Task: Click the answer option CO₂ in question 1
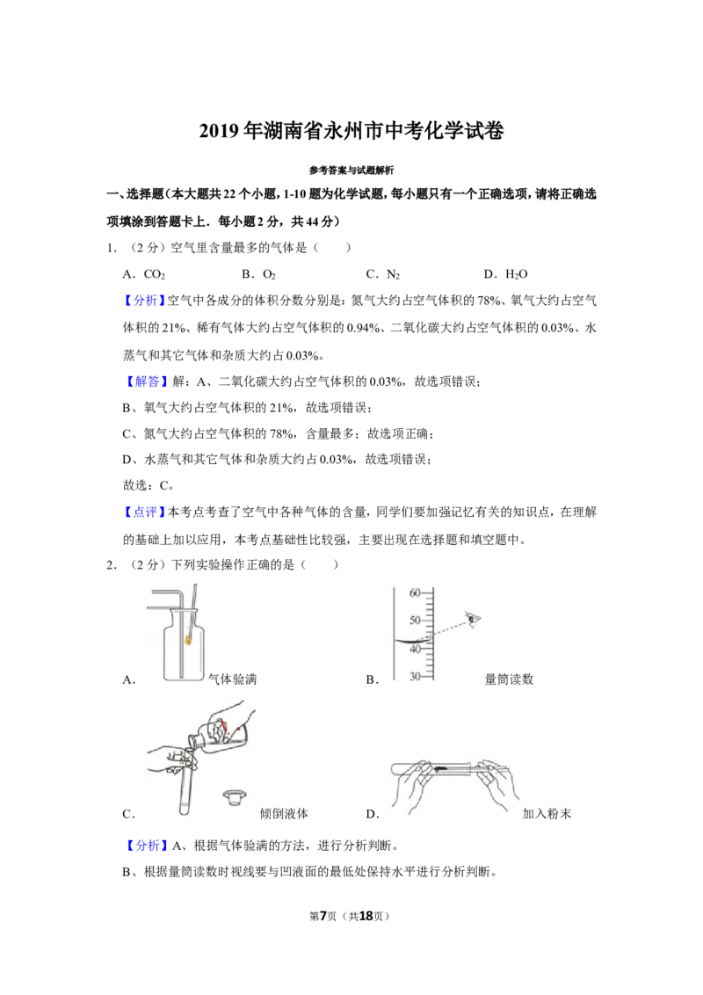point(154,274)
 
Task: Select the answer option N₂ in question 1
point(393,274)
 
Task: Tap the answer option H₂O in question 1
point(516,274)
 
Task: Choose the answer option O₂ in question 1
point(269,274)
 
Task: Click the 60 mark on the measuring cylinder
point(415,593)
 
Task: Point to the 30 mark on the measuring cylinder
point(415,677)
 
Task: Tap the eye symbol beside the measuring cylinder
point(474,619)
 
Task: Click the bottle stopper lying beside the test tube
point(235,797)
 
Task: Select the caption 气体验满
point(233,679)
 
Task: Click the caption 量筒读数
point(509,679)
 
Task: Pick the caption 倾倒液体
point(284,814)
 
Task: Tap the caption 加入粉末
point(547,814)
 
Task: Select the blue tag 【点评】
point(145,512)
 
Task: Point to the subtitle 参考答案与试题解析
point(351,170)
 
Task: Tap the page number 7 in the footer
point(323,916)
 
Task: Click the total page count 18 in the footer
point(366,916)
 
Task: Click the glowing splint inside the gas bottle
point(188,638)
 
